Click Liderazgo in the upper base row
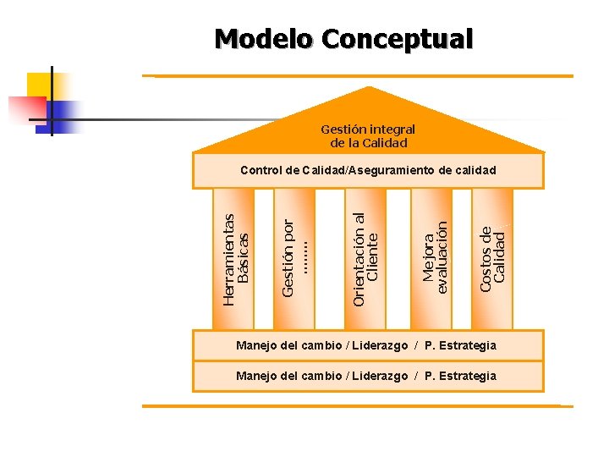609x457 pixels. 381,345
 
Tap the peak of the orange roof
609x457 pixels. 369,88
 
